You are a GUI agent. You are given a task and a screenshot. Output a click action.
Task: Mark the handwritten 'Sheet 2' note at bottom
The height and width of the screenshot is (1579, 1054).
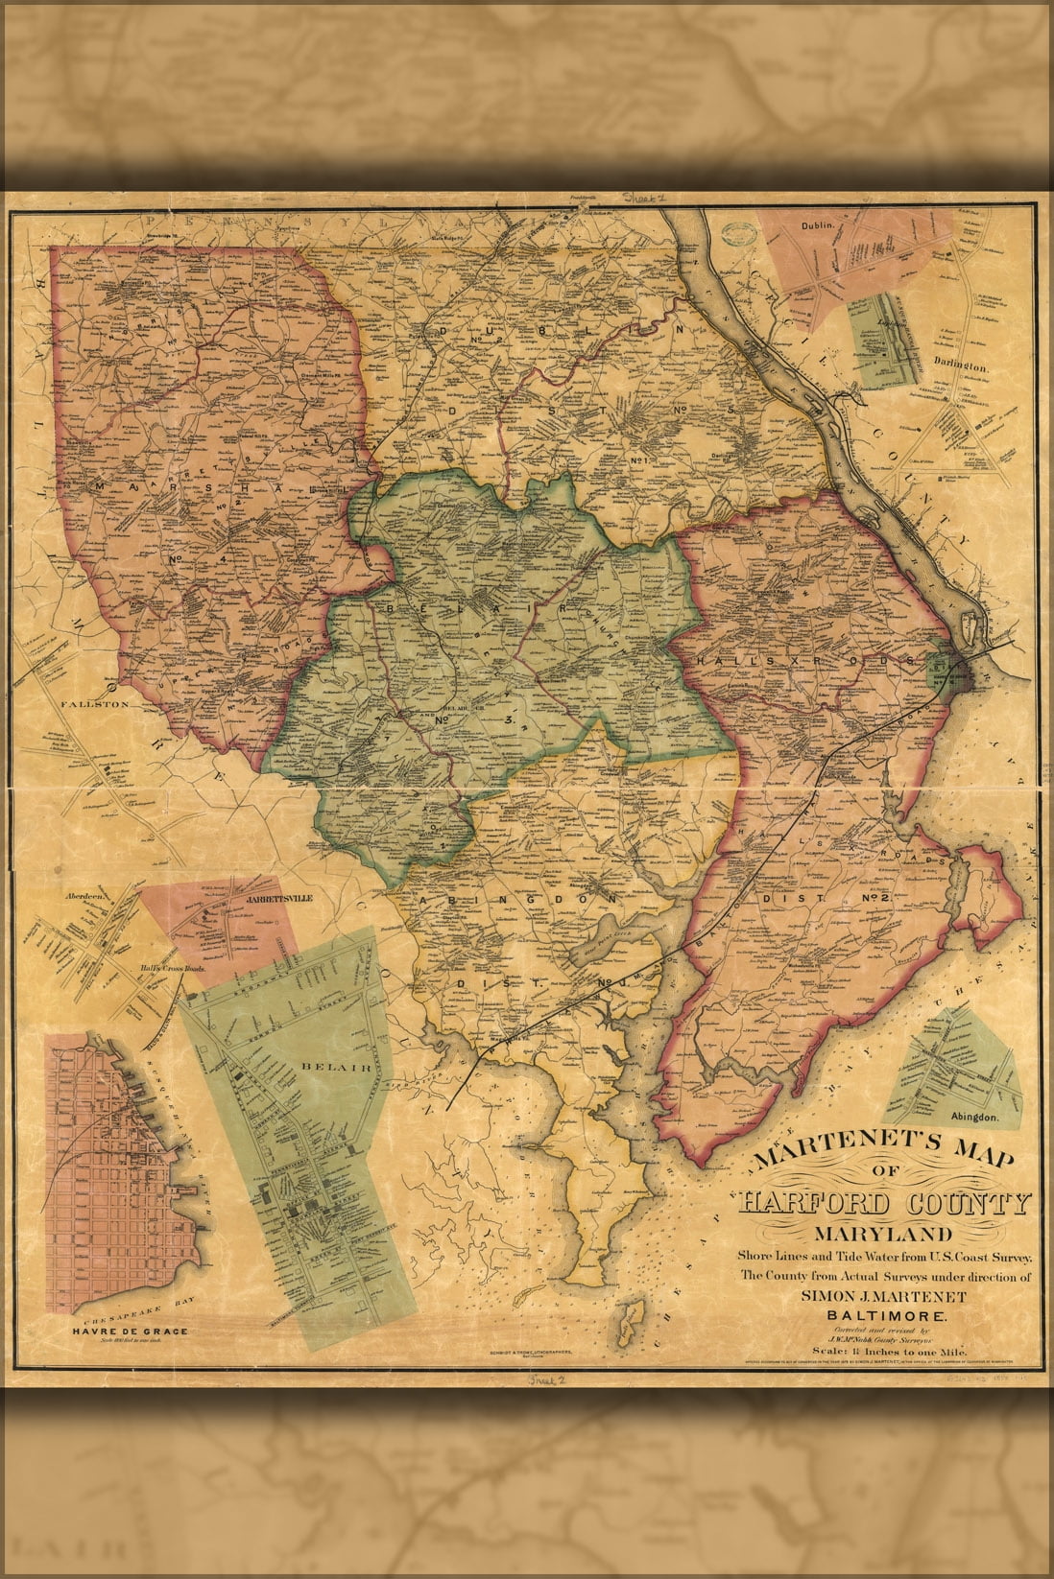tap(548, 1382)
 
